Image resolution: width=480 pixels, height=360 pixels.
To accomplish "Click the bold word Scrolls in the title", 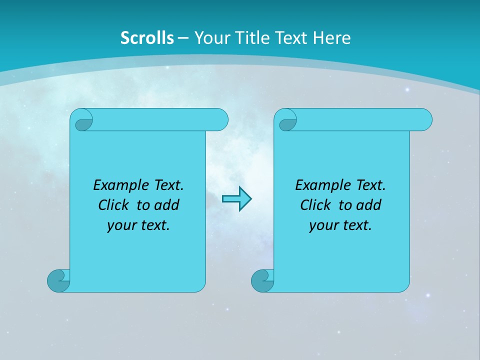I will pyautogui.click(x=147, y=38).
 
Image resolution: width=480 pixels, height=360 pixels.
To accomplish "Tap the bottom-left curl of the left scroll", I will pyautogui.click(x=58, y=280).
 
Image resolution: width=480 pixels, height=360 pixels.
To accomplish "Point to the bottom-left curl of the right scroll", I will pyautogui.click(x=261, y=280).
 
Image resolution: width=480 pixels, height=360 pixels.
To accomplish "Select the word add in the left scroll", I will pyautogui.click(x=167, y=205).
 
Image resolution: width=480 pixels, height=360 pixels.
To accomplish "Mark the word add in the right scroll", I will pyautogui.click(x=369, y=205).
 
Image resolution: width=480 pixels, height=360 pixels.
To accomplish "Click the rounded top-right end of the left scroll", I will pyautogui.click(x=220, y=119).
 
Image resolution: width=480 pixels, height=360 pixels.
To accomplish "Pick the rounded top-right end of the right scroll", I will pyautogui.click(x=424, y=119).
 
